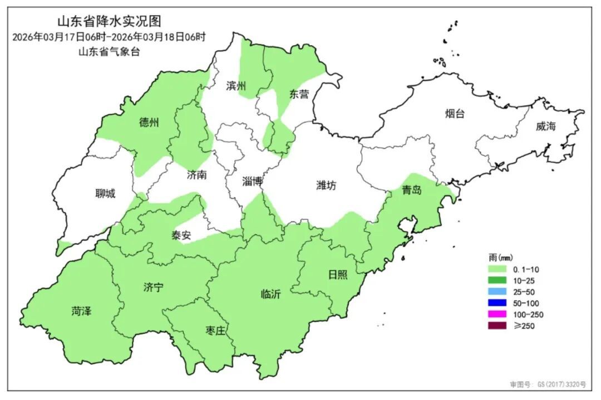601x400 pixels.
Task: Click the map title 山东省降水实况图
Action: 109,22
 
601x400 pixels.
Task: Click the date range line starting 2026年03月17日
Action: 109,37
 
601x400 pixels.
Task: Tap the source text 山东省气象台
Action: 109,52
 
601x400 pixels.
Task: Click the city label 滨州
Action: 236,86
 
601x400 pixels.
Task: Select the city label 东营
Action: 299,94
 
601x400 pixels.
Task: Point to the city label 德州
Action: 149,123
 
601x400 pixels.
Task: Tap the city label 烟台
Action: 455,114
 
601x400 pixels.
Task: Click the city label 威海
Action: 546,126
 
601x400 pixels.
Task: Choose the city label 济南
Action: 197,175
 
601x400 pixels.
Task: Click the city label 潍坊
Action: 326,186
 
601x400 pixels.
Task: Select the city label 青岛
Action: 412,191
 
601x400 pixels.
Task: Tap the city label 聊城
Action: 106,193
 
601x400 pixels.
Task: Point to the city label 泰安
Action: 181,235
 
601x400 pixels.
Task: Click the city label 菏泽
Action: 81,311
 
